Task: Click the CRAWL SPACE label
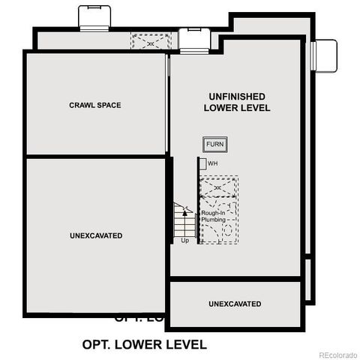click(95, 105)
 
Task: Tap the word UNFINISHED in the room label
click(237, 97)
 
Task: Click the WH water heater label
click(213, 163)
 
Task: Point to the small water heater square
click(202, 163)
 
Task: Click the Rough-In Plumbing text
click(213, 216)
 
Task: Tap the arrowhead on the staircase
click(185, 213)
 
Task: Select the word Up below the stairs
click(184, 240)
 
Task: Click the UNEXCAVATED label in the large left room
click(95, 235)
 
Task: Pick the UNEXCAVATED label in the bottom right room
click(235, 304)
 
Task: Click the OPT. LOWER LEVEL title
click(144, 344)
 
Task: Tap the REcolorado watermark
click(337, 354)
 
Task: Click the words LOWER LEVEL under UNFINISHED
click(237, 109)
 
